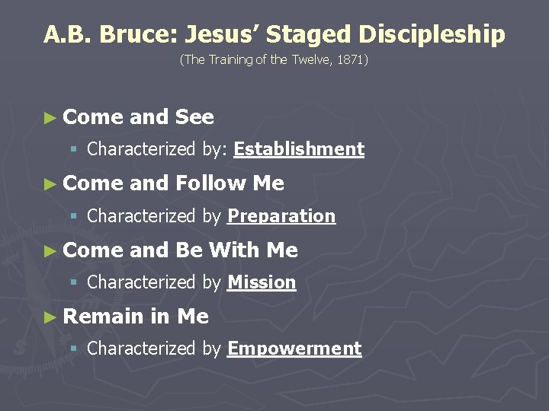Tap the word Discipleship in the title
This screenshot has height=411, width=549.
point(431,34)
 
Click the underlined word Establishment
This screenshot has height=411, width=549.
point(299,149)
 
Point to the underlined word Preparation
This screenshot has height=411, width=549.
point(281,216)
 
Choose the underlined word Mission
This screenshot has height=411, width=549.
point(262,282)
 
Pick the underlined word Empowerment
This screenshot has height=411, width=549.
point(294,349)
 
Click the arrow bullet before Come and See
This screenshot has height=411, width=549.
point(50,117)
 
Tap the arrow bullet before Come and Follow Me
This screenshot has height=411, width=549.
point(50,183)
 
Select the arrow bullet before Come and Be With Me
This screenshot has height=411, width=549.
point(50,250)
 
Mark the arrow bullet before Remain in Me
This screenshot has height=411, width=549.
point(50,317)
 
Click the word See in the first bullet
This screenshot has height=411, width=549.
point(194,117)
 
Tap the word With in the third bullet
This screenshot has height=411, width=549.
point(234,250)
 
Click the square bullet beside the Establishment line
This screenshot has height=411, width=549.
point(74,150)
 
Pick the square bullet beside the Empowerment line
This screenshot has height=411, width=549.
point(74,349)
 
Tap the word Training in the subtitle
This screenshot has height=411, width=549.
point(231,59)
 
